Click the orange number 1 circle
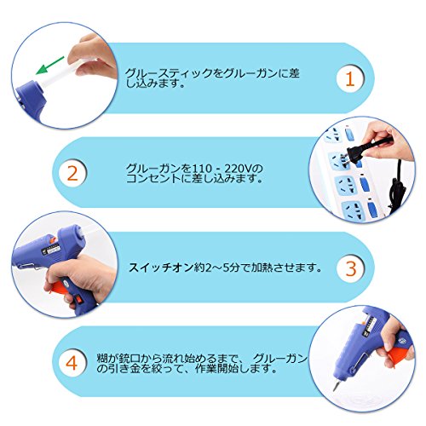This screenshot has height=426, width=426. click(350, 78)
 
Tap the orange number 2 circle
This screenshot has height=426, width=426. click(72, 173)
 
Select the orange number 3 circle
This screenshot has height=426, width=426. click(351, 268)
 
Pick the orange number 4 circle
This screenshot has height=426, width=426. click(72, 362)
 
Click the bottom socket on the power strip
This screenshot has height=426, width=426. click(353, 210)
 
